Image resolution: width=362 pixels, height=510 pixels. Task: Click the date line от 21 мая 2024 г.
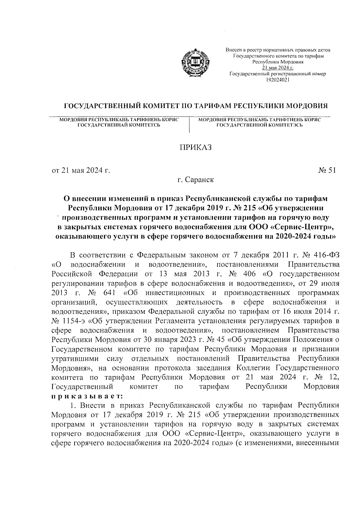pyautogui.click(x=81, y=171)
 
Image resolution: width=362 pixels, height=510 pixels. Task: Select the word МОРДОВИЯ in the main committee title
pyautogui.click(x=306, y=106)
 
